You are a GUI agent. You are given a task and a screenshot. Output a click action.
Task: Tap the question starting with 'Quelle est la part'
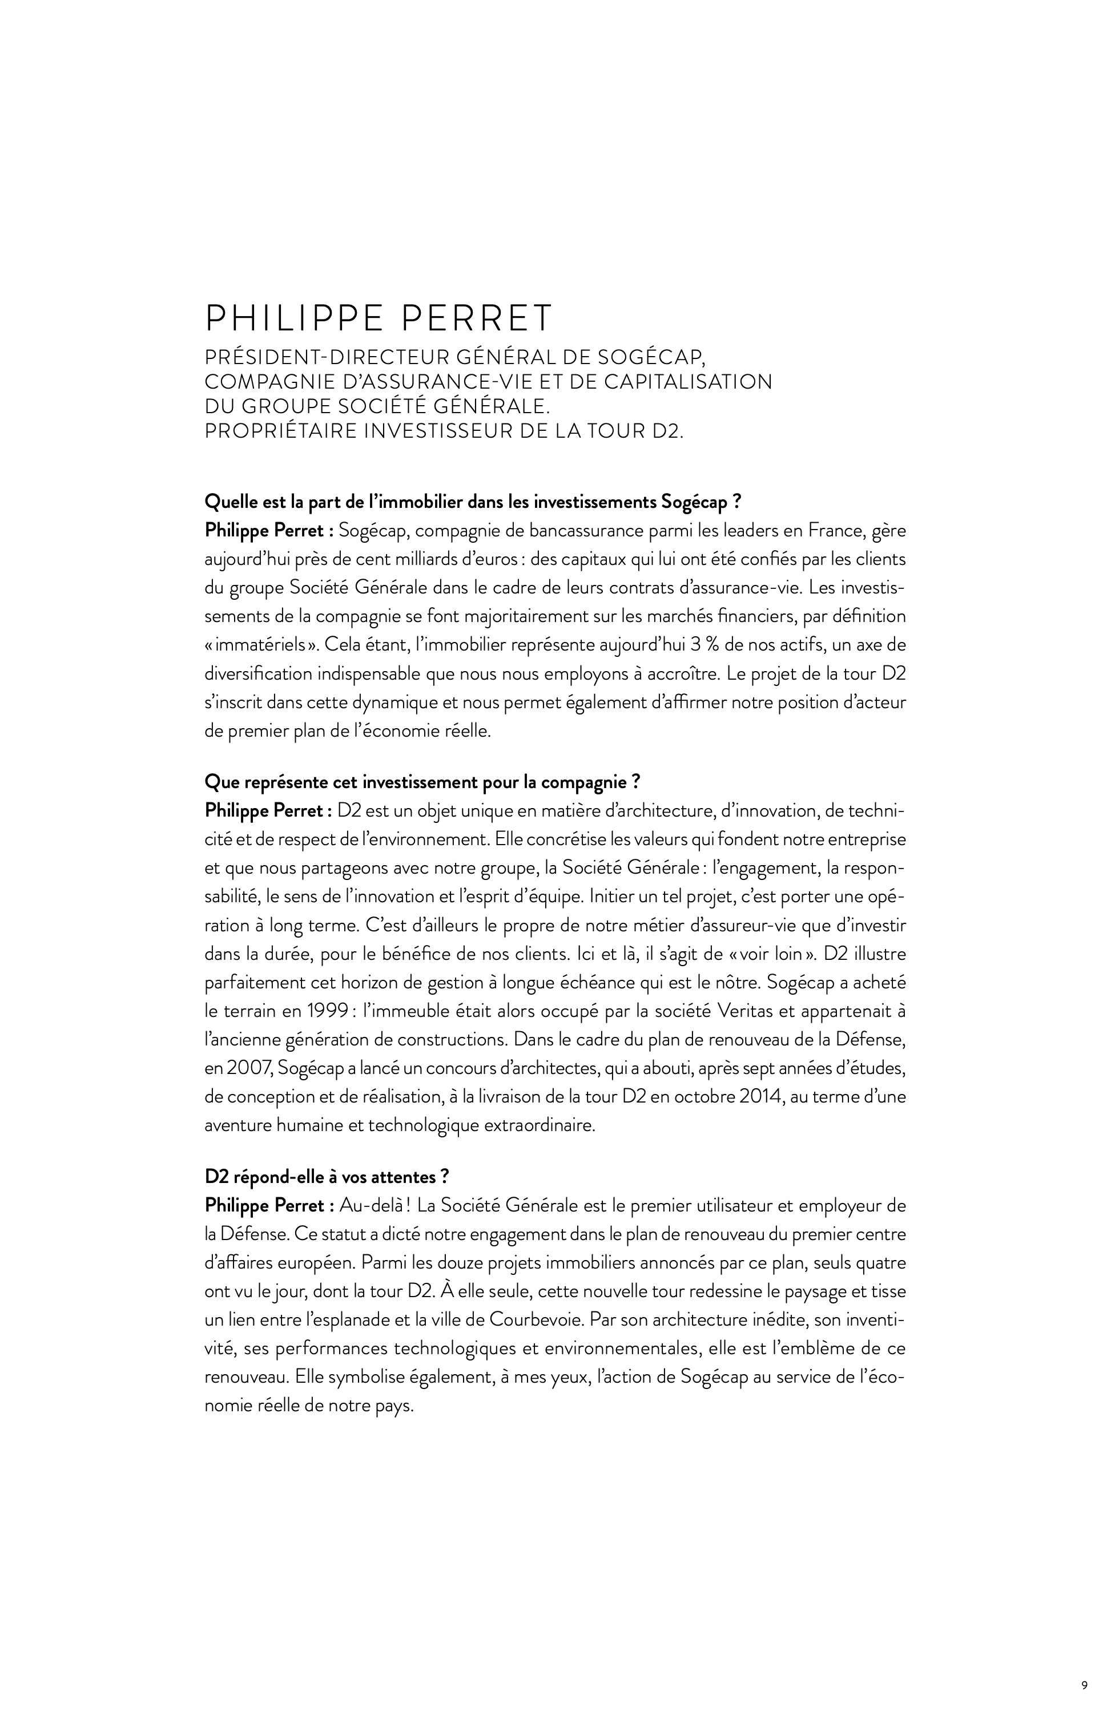pos(473,502)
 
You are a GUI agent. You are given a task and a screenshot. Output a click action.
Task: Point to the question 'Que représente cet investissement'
pos(422,782)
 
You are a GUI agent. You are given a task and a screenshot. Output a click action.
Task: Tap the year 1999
pos(310,1011)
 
